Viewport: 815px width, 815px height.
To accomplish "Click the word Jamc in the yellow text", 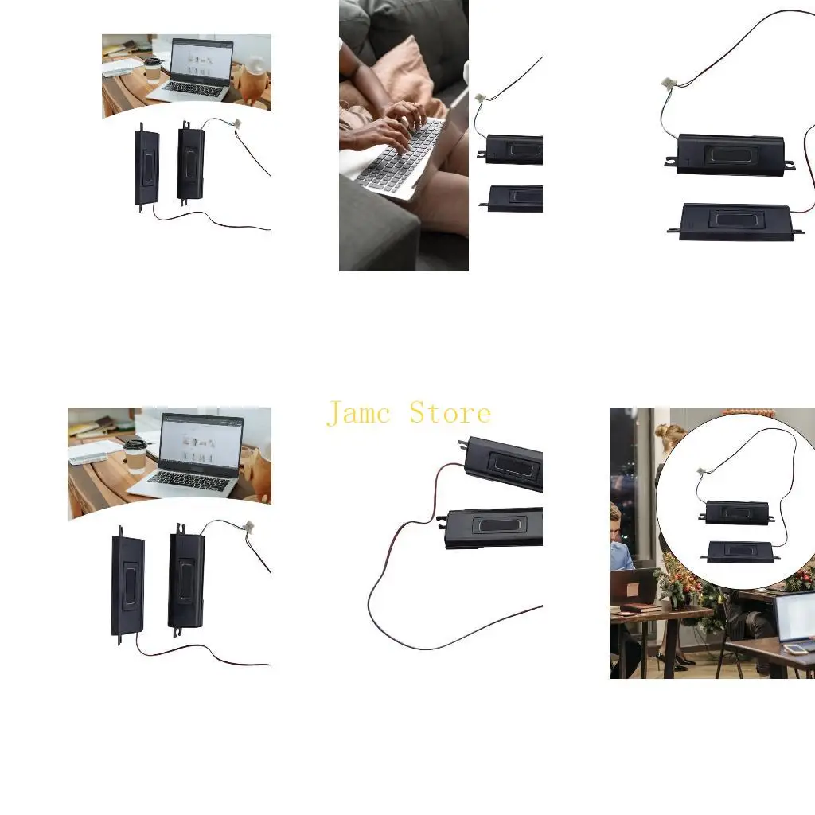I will coord(360,414).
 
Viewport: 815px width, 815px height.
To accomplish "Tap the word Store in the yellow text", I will coord(450,413).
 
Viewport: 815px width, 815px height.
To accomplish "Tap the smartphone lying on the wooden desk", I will coord(795,649).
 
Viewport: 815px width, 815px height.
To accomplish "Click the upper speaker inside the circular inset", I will coord(737,512).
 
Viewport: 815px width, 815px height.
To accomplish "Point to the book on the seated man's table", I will coord(641,608).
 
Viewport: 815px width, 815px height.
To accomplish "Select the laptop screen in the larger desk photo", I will coord(201,441).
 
